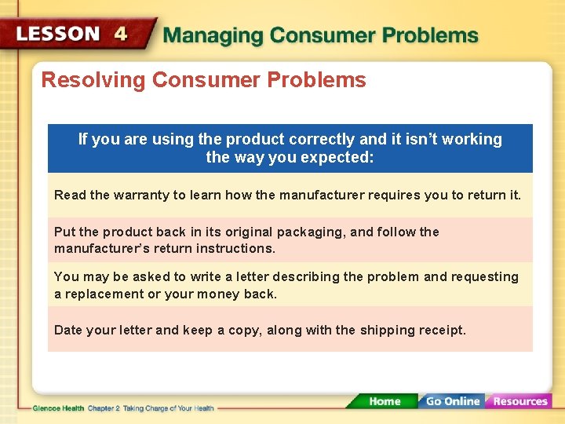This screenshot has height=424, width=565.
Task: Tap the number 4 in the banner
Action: tap(120, 35)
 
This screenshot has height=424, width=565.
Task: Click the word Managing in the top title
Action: tap(212, 36)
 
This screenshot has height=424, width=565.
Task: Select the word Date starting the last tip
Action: tap(68, 331)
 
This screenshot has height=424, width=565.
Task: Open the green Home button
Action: tap(385, 401)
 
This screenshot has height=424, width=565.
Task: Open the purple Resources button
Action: tap(519, 401)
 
